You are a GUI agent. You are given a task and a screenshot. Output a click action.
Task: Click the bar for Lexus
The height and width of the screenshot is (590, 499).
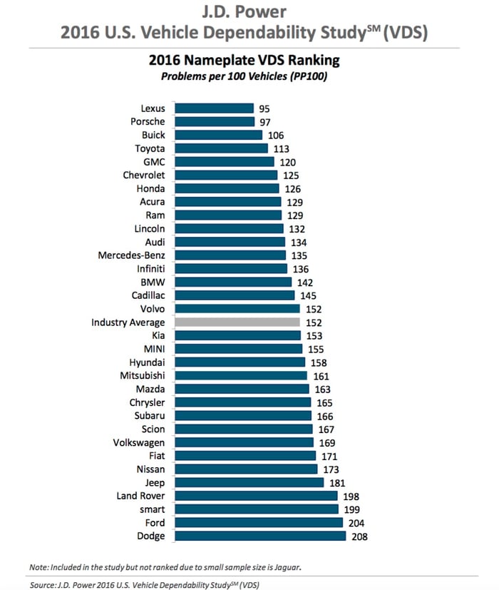click(x=214, y=108)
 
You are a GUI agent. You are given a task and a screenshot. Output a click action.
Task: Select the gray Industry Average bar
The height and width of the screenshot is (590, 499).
click(x=237, y=322)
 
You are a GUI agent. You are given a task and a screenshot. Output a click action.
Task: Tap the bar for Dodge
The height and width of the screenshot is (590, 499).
click(x=260, y=536)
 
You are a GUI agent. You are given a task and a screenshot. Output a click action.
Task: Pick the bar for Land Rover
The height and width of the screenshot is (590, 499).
click(x=257, y=496)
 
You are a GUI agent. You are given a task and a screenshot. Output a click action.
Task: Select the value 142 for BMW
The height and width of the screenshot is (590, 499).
click(x=306, y=283)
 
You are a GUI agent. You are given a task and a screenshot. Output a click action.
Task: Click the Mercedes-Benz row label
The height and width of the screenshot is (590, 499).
click(x=131, y=255)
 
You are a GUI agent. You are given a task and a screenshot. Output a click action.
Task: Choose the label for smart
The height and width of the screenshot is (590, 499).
click(x=151, y=509)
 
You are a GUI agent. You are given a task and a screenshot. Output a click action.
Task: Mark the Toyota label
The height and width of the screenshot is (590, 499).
click(x=150, y=148)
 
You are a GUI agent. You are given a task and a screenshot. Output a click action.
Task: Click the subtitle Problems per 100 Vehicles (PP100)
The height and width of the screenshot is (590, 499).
click(x=249, y=76)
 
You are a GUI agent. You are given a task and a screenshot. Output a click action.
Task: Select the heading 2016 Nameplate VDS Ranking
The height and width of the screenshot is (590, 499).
click(x=249, y=61)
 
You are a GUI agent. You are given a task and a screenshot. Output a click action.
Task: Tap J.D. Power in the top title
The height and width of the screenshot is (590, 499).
click(x=249, y=13)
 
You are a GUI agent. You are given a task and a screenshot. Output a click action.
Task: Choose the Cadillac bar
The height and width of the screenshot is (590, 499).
click(x=235, y=295)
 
